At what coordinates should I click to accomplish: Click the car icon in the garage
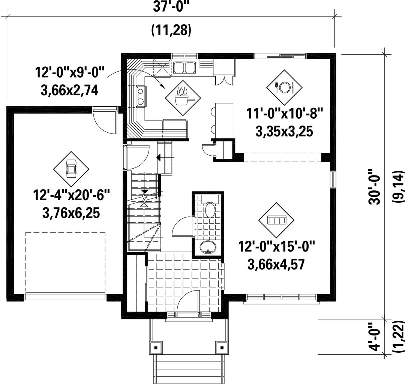71,169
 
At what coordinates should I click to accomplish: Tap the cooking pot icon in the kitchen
183,97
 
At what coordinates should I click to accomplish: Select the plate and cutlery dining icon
284,87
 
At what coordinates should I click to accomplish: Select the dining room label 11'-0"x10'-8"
284,114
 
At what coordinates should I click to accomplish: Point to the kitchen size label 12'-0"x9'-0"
70,72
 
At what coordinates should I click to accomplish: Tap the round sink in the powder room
208,247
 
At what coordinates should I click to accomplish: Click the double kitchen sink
184,67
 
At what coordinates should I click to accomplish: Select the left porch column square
156,348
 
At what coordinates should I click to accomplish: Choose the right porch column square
221,348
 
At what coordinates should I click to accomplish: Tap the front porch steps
188,369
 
